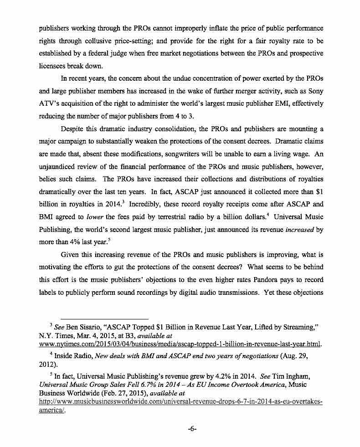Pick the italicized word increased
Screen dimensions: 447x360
300,230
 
